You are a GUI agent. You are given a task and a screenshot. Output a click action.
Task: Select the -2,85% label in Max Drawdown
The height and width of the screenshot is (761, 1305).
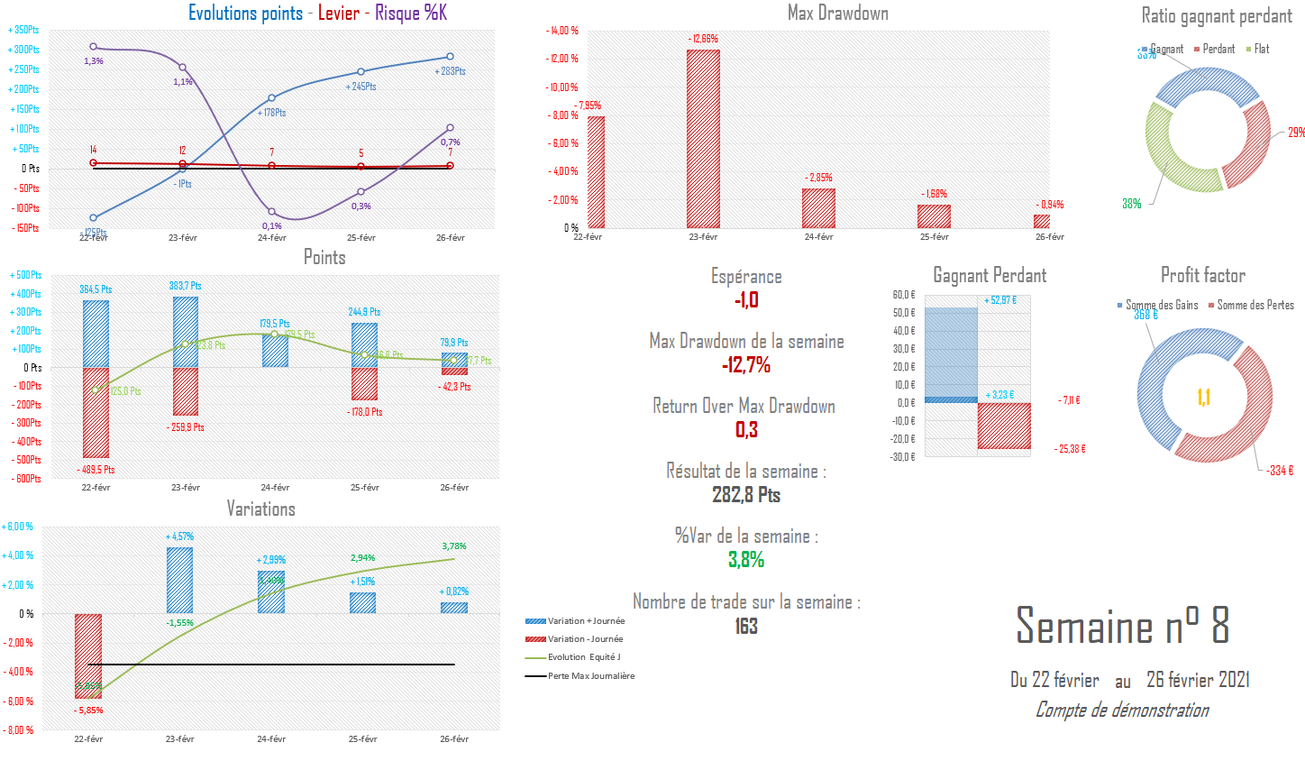click(x=820, y=178)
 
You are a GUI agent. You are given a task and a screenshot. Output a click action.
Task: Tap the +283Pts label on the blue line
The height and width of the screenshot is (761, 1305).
click(x=450, y=71)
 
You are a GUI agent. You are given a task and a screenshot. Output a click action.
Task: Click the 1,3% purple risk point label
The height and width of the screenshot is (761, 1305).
click(x=94, y=61)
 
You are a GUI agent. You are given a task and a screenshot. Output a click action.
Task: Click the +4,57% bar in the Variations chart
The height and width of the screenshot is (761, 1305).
click(x=179, y=580)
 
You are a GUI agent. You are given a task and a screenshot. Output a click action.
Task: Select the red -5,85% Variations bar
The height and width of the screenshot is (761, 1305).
click(x=88, y=656)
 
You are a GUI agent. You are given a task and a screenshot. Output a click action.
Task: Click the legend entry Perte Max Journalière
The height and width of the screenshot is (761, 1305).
click(x=591, y=676)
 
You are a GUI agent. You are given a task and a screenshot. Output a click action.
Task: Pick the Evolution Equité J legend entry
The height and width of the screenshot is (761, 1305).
click(x=584, y=657)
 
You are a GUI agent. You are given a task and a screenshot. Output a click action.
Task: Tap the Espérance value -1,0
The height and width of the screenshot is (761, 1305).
click(x=746, y=300)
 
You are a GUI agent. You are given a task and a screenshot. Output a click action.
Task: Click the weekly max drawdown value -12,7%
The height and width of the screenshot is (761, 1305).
click(x=746, y=365)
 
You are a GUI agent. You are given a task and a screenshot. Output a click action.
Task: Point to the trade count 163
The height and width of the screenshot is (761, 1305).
click(x=746, y=626)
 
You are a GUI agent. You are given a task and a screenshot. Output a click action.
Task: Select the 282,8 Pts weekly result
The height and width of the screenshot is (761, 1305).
click(x=746, y=495)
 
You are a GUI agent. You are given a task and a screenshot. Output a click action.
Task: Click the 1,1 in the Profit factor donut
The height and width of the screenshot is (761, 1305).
click(x=1203, y=398)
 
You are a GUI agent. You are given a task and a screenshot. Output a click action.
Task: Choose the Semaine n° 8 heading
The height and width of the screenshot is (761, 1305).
click(x=1122, y=625)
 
